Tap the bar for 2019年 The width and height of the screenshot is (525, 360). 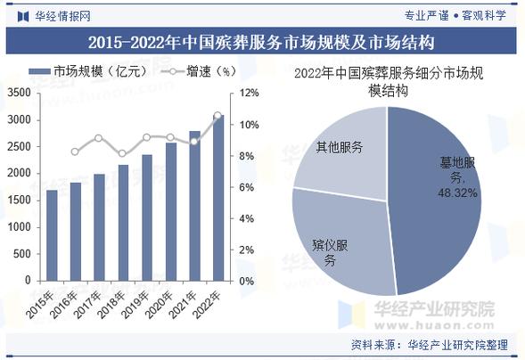pyautogui.click(x=147, y=217)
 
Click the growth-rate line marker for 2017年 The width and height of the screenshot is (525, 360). pyautogui.click(x=99, y=138)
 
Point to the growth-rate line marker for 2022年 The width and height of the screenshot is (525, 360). pyautogui.click(x=217, y=116)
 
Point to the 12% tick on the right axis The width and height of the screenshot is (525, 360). pyautogui.click(x=249, y=93)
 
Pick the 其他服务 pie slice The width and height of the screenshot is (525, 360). pyautogui.click(x=343, y=151)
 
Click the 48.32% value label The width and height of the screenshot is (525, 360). pyautogui.click(x=457, y=192)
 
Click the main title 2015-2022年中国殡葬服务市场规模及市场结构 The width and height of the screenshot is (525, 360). pyautogui.click(x=261, y=42)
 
